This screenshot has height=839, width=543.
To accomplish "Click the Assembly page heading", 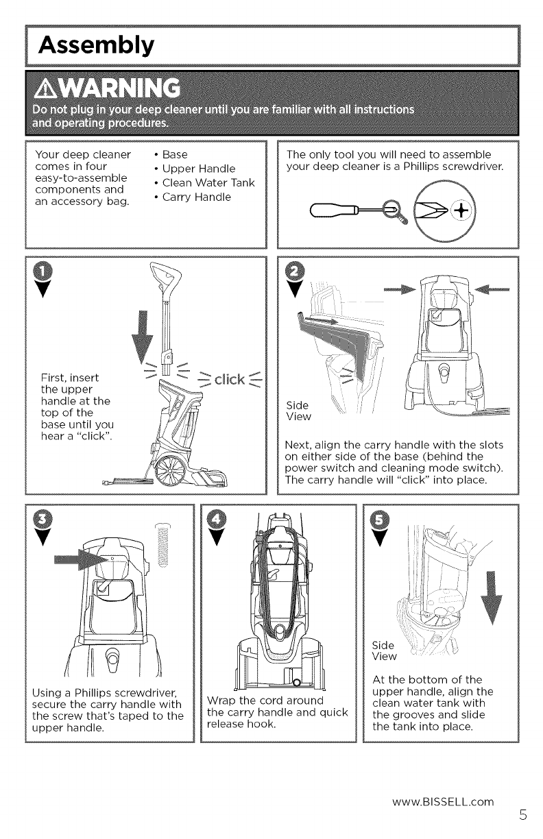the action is (x=95, y=46).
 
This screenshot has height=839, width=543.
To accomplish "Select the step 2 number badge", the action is (x=295, y=271).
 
